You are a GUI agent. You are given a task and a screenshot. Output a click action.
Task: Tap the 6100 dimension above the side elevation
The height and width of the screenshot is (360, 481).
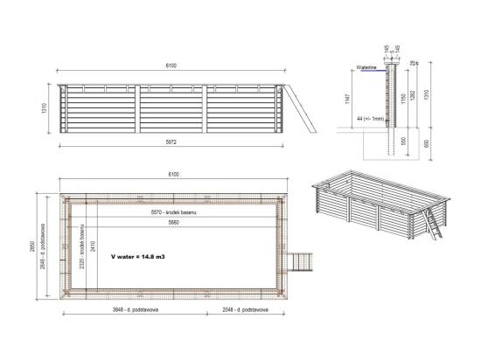pyautogui.click(x=174, y=67)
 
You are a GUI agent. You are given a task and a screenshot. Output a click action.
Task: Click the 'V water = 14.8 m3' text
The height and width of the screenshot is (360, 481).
pyautogui.click(x=140, y=258)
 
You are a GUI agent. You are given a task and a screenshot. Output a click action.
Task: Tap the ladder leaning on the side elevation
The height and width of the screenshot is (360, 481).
pyautogui.click(x=300, y=107)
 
